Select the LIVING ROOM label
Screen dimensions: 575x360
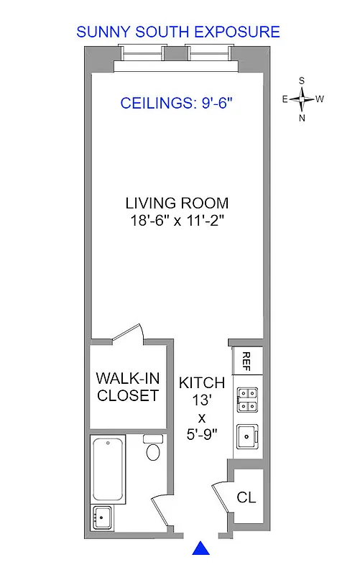pos(177,203)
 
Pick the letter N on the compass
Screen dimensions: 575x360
pos(302,118)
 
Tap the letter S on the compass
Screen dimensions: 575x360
pos(302,80)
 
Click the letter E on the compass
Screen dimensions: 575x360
pos(285,99)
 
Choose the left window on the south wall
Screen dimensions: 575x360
pos(142,53)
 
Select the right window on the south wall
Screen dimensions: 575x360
pos(209,53)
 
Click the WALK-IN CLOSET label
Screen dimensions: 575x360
pos(127,387)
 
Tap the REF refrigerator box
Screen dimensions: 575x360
pos(246,359)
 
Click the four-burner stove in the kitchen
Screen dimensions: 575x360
pos(248,400)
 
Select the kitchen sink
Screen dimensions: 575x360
pos(249,436)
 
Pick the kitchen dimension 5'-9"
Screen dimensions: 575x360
pos(202,434)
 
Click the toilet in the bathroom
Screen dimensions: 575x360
pos(152,450)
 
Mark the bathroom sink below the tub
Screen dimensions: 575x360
pos(101,515)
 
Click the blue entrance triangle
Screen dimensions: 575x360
pos(202,548)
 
